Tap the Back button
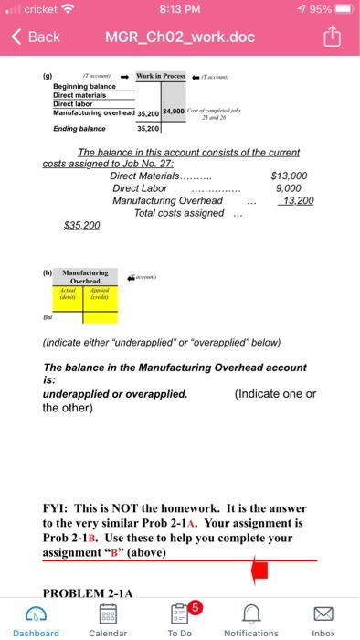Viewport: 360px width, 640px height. (x=37, y=37)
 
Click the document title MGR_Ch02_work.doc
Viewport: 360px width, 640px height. (x=179, y=37)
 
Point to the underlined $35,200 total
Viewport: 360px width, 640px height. (x=81, y=224)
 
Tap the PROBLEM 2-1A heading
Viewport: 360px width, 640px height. (x=87, y=590)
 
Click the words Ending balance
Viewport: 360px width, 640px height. (x=79, y=129)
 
